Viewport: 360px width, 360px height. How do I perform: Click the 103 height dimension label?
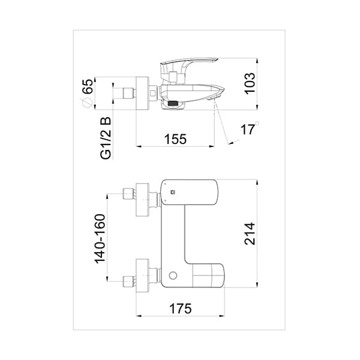click(x=250, y=83)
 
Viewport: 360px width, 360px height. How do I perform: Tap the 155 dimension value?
click(x=175, y=139)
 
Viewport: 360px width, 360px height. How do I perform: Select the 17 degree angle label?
click(x=247, y=129)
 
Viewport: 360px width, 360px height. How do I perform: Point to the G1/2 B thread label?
click(x=106, y=138)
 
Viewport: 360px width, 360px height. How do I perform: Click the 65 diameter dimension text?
click(x=88, y=86)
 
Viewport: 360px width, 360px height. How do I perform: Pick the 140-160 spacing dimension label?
click(x=100, y=239)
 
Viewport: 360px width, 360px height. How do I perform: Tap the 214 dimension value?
click(x=250, y=233)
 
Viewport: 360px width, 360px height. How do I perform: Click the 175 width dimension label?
click(x=180, y=308)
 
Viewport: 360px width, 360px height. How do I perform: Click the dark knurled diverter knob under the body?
click(x=173, y=103)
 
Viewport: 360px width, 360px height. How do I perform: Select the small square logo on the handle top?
click(x=173, y=192)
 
